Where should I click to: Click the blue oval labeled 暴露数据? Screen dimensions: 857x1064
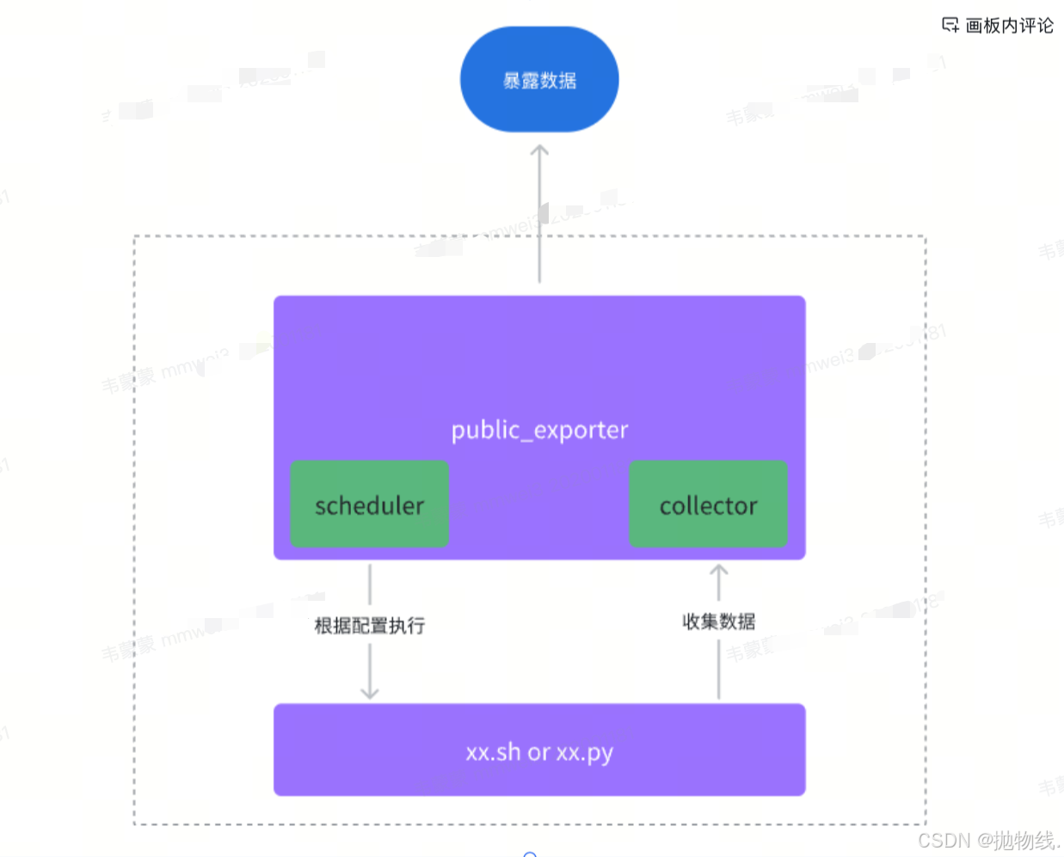(539, 80)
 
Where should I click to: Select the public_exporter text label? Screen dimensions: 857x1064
(539, 429)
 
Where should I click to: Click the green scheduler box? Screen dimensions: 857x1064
(369, 505)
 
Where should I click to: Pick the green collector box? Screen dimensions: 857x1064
(708, 505)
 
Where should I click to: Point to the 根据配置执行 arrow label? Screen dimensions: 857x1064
(370, 625)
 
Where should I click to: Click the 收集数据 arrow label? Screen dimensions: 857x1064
(718, 621)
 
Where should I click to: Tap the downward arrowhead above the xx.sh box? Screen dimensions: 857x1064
(370, 693)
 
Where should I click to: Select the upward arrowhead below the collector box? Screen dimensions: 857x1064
(718, 570)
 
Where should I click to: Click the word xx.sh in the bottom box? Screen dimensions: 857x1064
(493, 752)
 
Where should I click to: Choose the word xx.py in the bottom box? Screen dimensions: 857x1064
(584, 753)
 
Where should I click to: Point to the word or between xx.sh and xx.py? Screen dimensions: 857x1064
(538, 752)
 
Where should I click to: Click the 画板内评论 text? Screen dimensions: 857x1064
(1009, 25)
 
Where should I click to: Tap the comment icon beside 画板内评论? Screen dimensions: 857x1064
(950, 25)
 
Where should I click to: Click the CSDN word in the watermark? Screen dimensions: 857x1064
(944, 841)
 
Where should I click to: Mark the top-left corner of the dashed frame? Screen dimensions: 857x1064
(135, 236)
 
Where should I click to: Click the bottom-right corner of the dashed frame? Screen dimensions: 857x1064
(926, 823)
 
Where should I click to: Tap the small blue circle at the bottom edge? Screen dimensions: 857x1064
(530, 854)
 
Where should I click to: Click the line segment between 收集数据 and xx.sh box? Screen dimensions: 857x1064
(718, 669)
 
